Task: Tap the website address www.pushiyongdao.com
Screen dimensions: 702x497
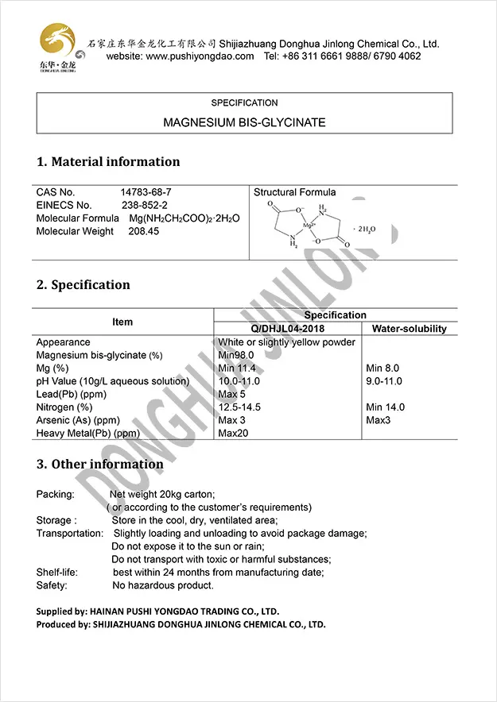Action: [200, 56]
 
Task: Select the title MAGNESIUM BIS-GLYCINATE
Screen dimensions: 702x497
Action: [244, 123]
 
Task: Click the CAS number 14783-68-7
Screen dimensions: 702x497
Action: [146, 192]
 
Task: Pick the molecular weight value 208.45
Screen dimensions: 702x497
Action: [143, 231]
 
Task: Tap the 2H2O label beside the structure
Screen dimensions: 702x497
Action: [367, 229]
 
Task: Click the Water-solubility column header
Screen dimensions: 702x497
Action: [410, 329]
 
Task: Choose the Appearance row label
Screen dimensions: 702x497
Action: [63, 342]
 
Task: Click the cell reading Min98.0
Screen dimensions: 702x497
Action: [235, 355]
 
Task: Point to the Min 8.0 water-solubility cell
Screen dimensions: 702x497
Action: [382, 368]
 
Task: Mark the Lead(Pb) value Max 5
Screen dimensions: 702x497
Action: [231, 394]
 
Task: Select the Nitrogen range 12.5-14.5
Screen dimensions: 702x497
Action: [239, 407]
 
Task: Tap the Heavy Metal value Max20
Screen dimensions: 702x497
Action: [233, 434]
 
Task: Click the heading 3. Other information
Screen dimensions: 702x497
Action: [99, 464]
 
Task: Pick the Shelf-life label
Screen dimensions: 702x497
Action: [58, 573]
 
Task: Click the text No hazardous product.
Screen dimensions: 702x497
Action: [162, 585]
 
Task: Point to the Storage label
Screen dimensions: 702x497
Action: [56, 520]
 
